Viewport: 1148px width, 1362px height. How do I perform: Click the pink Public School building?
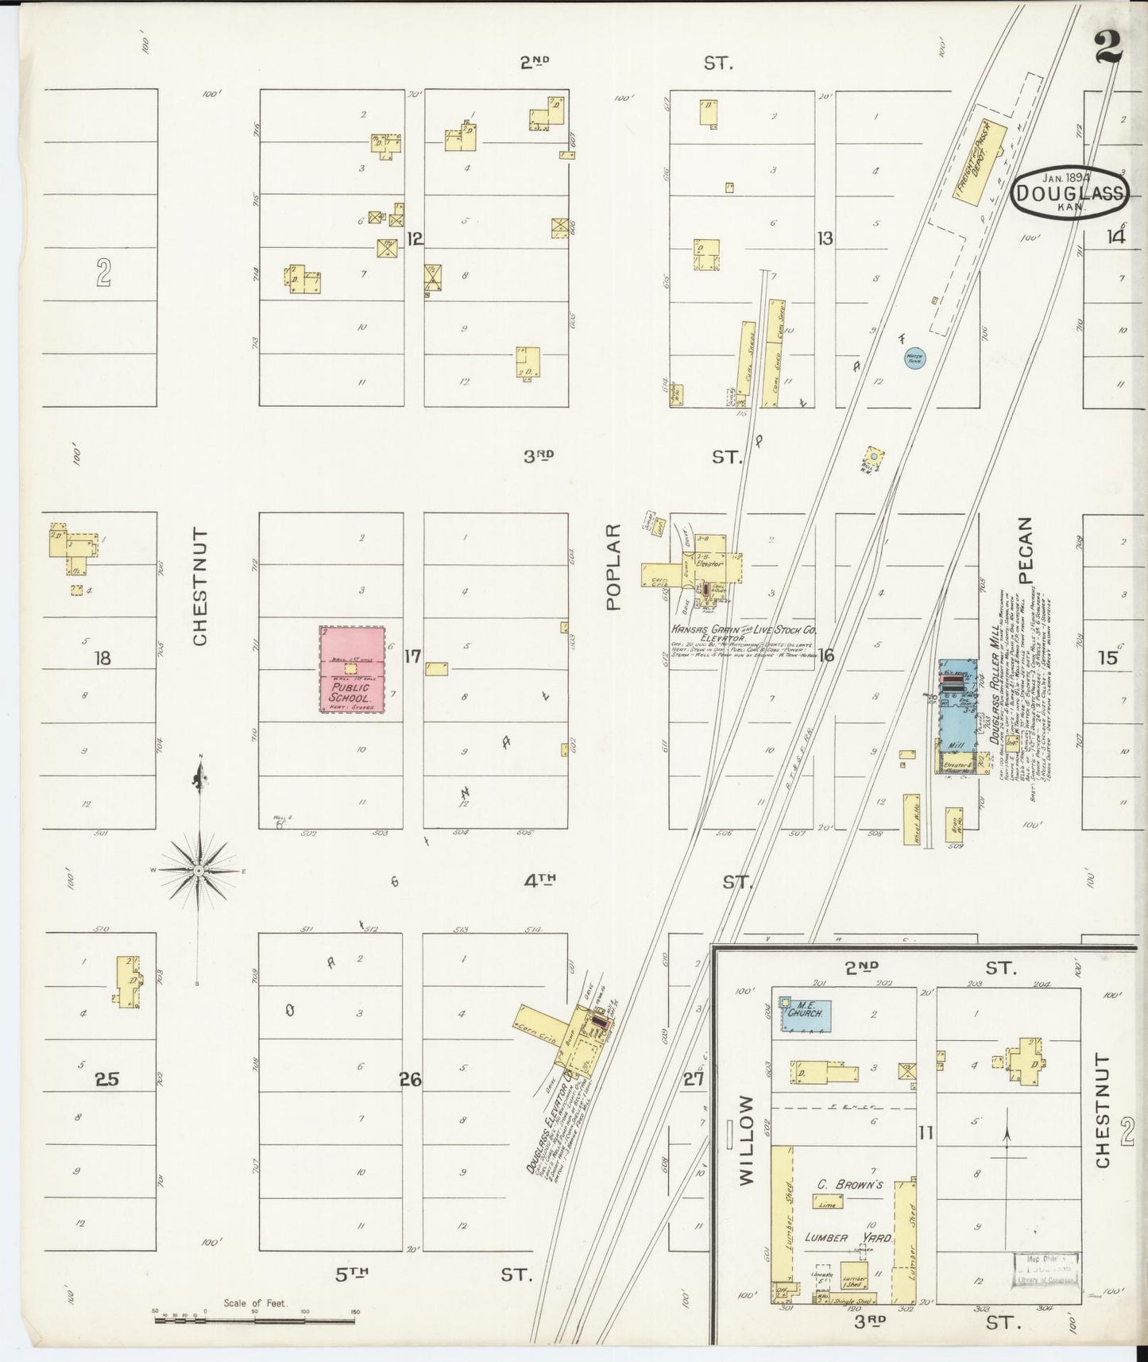(x=353, y=669)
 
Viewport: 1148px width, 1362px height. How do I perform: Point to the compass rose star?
(x=200, y=872)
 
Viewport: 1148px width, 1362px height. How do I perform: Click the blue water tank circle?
(x=914, y=358)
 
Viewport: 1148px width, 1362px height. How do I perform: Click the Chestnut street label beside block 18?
(x=199, y=587)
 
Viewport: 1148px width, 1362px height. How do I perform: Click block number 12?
(x=414, y=238)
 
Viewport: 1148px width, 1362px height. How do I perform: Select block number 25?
(x=106, y=1079)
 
